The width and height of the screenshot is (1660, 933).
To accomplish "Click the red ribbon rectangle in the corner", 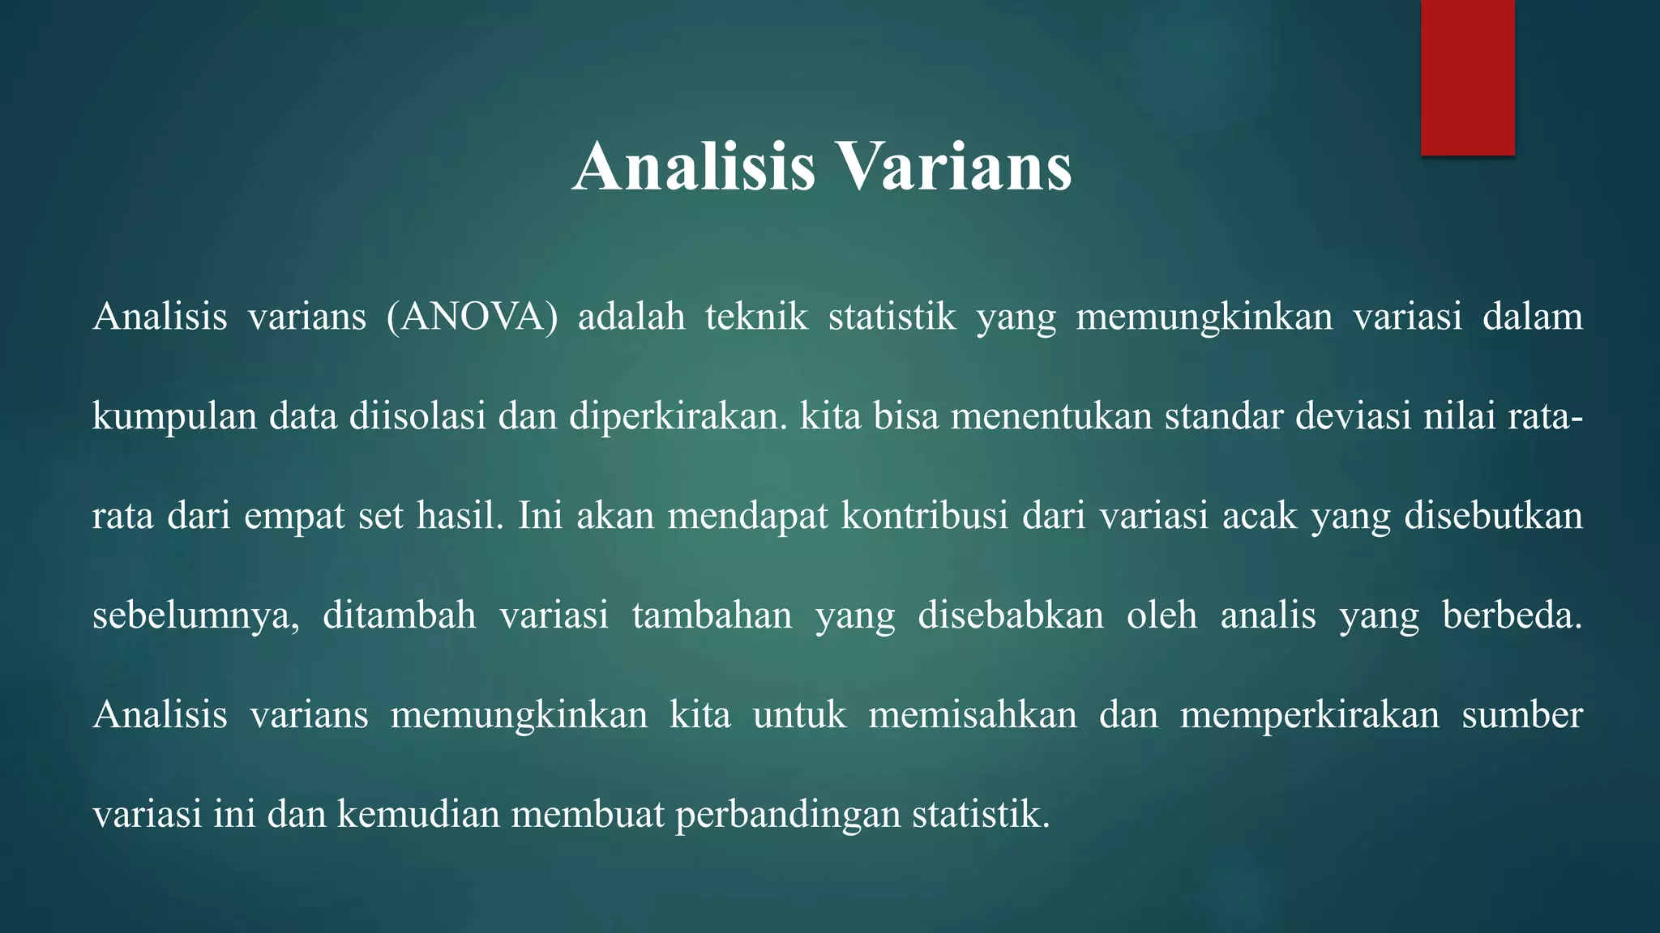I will click(x=1467, y=77).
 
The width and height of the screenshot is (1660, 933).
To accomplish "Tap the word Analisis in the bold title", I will click(x=693, y=167).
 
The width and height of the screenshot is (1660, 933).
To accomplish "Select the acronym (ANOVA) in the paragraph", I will click(x=472, y=317).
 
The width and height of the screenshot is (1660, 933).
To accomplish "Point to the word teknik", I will click(x=756, y=317).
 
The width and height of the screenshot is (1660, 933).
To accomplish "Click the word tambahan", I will click(x=712, y=616).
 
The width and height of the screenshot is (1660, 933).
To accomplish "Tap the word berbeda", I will click(x=1512, y=616).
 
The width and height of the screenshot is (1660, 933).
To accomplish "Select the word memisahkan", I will click(x=973, y=715).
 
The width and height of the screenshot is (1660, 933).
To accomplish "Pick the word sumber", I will click(x=1521, y=715).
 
